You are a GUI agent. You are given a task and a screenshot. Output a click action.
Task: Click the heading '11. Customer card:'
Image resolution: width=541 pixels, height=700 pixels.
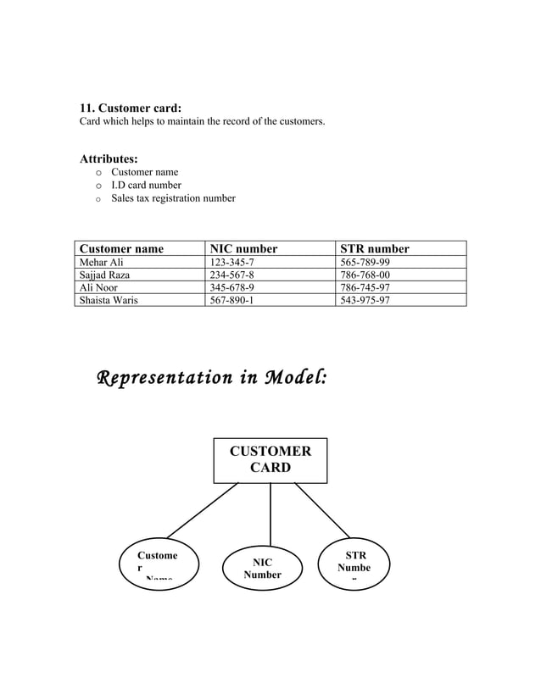131,108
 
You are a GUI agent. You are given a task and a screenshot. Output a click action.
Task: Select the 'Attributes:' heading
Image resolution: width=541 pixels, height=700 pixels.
109,158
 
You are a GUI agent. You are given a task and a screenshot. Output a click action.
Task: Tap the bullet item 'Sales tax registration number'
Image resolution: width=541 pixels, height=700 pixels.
173,198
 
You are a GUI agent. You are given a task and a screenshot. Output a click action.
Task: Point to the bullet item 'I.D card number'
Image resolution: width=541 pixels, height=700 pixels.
146,185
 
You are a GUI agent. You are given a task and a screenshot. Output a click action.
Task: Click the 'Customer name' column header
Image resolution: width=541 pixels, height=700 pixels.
121,248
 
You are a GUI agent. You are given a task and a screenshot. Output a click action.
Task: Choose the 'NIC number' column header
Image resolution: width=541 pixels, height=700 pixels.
243,248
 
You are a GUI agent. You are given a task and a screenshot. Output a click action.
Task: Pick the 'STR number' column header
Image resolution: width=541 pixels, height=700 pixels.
374,248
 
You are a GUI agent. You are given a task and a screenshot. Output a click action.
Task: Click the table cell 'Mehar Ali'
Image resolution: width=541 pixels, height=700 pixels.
101,263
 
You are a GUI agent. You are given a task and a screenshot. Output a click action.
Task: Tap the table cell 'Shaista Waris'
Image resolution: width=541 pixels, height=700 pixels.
109,300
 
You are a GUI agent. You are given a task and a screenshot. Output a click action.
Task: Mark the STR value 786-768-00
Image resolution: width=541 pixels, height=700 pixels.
365,275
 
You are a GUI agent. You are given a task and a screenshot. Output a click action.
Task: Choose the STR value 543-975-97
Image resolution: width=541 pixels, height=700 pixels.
365,300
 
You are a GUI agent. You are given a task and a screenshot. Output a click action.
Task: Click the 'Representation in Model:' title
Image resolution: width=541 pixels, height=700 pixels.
211,376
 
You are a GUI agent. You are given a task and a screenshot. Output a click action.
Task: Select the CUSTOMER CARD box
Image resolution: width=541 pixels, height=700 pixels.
270,460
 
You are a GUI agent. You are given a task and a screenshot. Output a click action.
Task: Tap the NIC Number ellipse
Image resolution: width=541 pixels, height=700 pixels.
262,568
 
